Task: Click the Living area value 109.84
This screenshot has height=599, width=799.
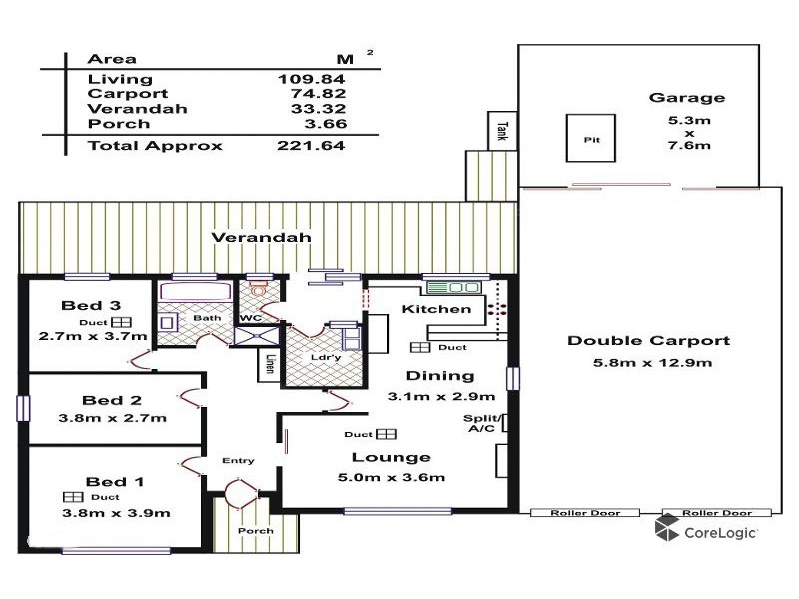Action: click(311, 79)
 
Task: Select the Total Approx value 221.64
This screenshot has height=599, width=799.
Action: click(311, 146)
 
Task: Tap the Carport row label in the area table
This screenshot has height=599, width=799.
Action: click(115, 94)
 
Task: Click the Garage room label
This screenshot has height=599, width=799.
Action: click(687, 98)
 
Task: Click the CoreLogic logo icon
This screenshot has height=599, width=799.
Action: click(667, 529)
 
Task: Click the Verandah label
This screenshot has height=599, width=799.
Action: click(261, 238)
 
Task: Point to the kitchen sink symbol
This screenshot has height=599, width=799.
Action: click(454, 288)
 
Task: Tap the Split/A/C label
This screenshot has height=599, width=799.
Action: click(482, 425)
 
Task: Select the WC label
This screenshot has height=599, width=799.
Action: click(250, 319)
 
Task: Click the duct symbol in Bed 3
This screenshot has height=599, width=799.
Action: click(121, 323)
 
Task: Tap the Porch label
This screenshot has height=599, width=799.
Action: click(255, 531)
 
